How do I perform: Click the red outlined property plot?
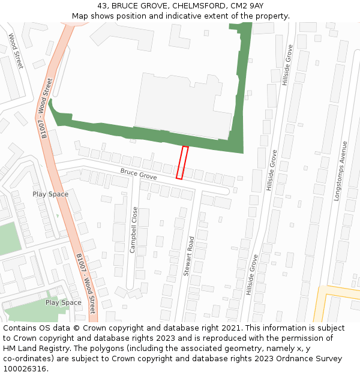182,163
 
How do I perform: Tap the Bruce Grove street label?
138,175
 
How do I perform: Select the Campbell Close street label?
134,229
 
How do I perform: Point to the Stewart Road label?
188,256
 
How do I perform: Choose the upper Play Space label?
50,194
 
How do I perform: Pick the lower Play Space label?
64,302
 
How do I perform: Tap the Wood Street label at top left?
15,51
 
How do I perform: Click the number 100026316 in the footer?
23,368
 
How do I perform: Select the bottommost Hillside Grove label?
251,275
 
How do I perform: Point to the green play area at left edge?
10,238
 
